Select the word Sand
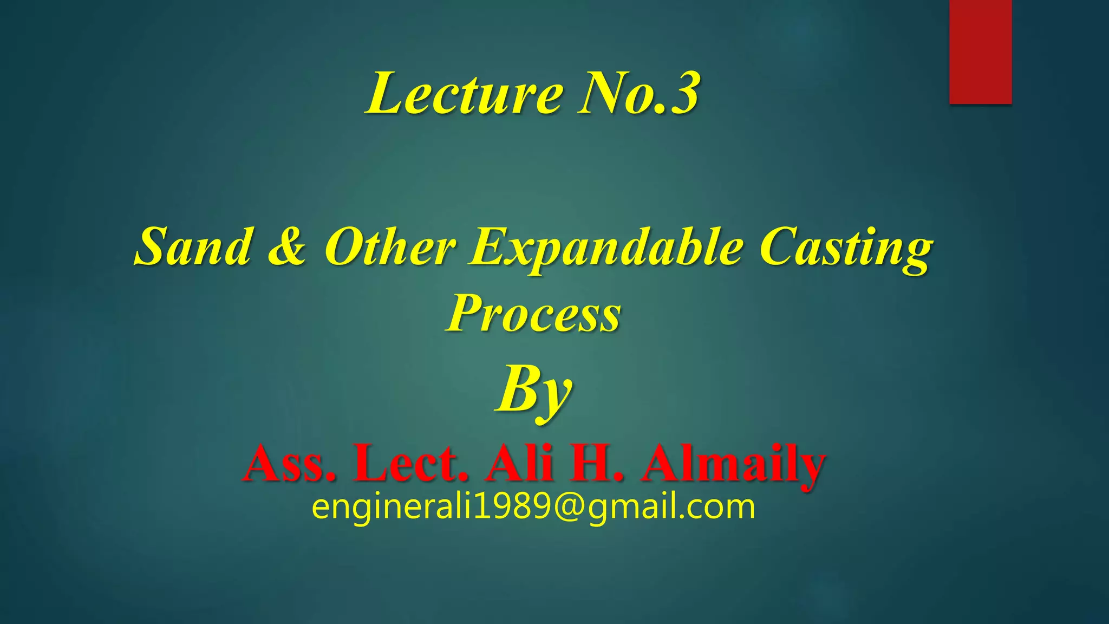[194, 247]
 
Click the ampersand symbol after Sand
[288, 247]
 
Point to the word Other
[390, 247]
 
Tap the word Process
[534, 314]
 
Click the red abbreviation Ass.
[289, 464]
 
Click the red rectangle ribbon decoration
[980, 51]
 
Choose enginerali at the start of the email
[392, 508]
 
